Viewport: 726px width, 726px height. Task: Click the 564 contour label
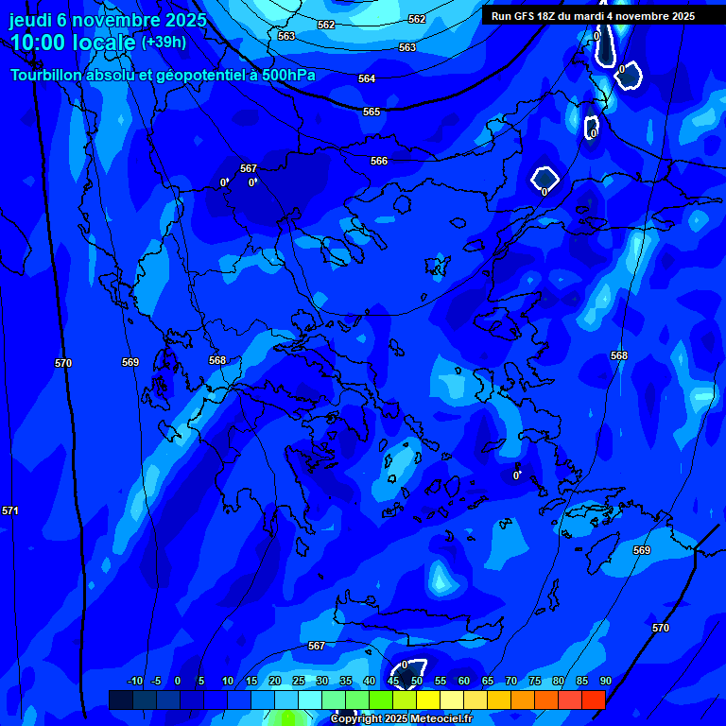click(367, 78)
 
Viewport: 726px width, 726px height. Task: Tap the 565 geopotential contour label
click(372, 112)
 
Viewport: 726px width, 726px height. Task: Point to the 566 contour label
click(379, 161)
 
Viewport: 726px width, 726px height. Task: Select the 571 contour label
click(10, 510)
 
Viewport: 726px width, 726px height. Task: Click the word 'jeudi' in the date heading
click(30, 20)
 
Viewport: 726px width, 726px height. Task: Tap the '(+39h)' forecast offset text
click(164, 43)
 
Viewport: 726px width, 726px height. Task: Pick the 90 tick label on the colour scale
click(605, 682)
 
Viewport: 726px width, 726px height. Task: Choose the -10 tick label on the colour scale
click(134, 682)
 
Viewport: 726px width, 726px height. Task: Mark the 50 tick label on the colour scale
click(416, 682)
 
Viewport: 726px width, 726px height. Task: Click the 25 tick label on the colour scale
click(298, 682)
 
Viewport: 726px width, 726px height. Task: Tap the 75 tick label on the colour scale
click(534, 682)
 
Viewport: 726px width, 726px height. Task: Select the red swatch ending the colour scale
click(593, 700)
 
